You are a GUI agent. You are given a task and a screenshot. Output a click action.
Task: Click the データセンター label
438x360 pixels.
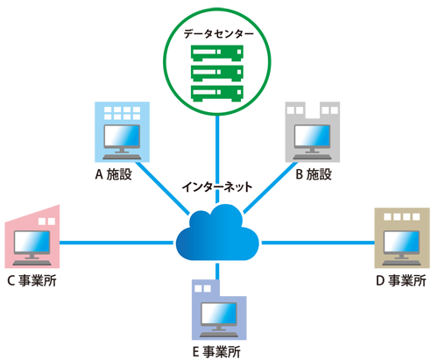[218, 34]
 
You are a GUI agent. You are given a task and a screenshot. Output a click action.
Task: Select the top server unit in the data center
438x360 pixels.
[217, 53]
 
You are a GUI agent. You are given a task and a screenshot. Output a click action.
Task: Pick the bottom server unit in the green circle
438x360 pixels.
[217, 94]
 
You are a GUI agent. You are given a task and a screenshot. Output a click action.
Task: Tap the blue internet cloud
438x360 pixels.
[217, 232]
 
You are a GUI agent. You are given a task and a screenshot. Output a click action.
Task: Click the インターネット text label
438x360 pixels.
[217, 187]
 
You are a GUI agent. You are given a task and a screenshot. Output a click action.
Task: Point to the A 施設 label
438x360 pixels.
[114, 174]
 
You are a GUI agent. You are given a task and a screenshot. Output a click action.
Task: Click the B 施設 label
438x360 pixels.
[314, 174]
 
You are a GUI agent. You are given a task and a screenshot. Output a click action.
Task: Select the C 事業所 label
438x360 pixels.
[32, 280]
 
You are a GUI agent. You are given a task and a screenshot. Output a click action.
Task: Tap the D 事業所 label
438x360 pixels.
[401, 280]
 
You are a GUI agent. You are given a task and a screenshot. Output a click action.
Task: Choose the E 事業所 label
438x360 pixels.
[216, 352]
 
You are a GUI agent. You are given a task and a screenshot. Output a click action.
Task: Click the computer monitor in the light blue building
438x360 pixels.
[122, 138]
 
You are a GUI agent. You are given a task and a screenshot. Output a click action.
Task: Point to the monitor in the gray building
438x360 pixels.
[312, 138]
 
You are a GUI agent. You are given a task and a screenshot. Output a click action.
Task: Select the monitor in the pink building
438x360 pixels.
[32, 244]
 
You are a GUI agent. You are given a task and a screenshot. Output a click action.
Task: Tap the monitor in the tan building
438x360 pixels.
[401, 244]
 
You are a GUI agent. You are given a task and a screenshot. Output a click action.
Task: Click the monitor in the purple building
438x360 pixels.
[219, 316]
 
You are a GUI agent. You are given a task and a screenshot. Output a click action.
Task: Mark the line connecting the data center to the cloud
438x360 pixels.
[217, 159]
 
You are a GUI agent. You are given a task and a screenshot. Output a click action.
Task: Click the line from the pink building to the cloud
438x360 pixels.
[117, 243]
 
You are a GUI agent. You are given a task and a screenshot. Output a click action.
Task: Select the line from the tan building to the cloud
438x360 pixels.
[318, 243]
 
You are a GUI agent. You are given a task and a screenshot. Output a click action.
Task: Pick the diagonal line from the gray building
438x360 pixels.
[271, 187]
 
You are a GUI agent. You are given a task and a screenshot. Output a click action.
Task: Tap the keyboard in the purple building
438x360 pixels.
[219, 335]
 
